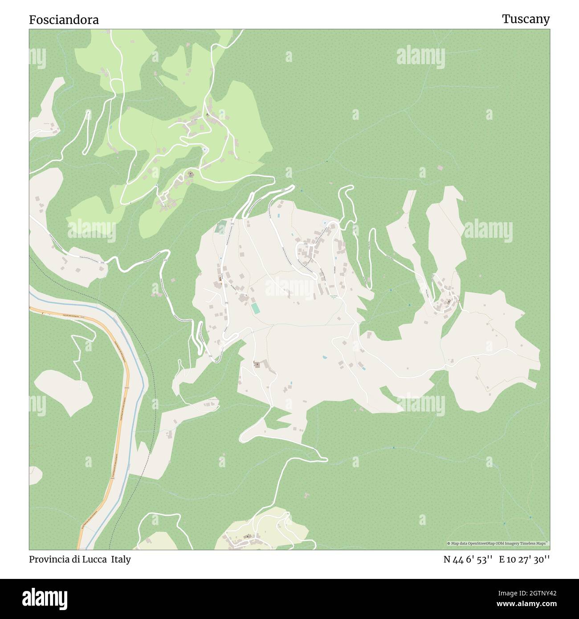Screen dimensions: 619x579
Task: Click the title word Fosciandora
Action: pyautogui.click(x=64, y=20)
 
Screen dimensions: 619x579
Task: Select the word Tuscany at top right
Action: pyautogui.click(x=526, y=19)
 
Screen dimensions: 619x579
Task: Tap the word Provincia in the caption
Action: pyautogui.click(x=49, y=559)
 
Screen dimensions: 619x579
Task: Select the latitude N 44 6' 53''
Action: pyautogui.click(x=467, y=559)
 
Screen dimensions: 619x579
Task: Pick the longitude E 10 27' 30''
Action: pyautogui.click(x=524, y=559)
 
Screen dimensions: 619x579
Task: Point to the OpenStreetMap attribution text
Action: pyautogui.click(x=498, y=543)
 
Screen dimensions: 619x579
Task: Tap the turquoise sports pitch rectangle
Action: pyautogui.click(x=255, y=308)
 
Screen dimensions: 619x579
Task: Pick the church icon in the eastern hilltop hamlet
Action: pyautogui.click(x=449, y=301)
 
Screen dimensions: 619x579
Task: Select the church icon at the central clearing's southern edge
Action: pyautogui.click(x=257, y=365)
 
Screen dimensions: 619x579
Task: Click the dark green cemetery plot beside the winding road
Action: pyautogui.click(x=220, y=228)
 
